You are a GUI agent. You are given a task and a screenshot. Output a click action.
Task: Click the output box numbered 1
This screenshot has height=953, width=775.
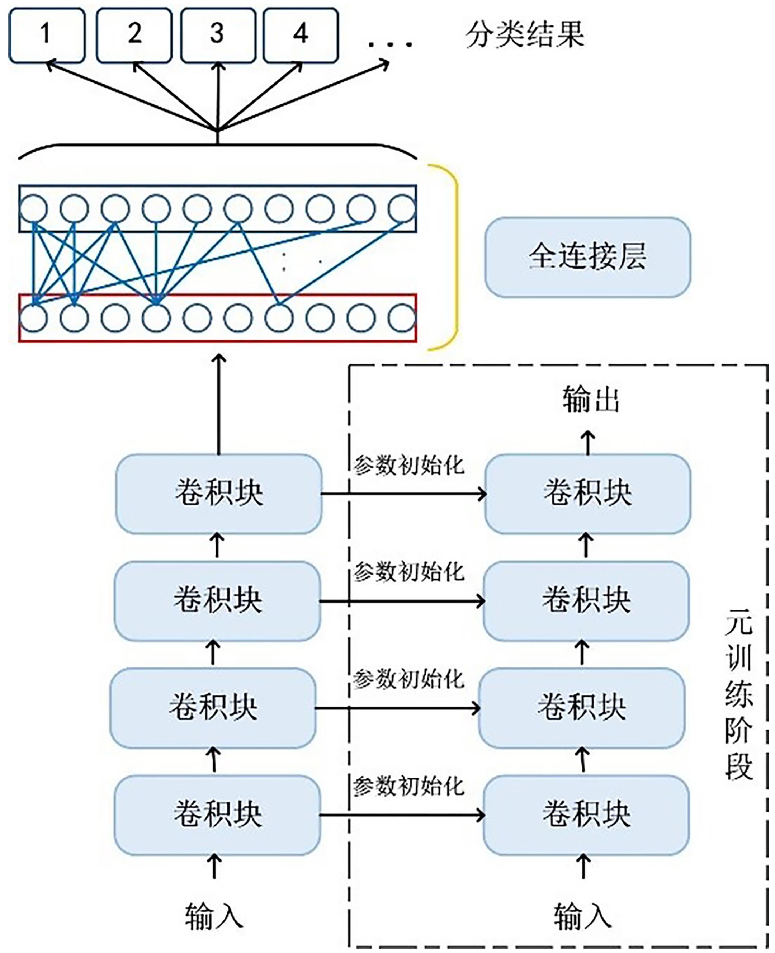coord(46,35)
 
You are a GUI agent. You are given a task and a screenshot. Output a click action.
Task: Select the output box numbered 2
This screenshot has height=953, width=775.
coord(134,35)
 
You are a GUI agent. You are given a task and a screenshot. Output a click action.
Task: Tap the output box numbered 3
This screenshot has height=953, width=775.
coord(218,35)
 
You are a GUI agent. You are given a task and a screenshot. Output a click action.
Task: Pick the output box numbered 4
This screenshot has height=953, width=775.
coord(301,35)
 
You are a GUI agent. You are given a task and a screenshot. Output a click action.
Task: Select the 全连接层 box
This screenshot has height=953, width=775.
coord(587,257)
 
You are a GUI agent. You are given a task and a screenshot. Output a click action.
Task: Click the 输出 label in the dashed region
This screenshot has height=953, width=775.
coord(590,400)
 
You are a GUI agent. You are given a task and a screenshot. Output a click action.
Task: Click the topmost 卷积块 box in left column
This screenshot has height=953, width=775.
coord(218,494)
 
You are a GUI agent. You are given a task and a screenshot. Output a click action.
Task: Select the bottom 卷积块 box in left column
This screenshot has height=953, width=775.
coord(217,815)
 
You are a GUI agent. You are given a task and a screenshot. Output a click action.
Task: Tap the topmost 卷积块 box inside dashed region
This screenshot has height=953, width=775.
coord(587,494)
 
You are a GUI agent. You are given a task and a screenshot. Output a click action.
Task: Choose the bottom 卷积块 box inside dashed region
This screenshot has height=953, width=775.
coord(586,815)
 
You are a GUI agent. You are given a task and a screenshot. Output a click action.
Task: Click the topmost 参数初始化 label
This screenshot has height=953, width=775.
coord(408,466)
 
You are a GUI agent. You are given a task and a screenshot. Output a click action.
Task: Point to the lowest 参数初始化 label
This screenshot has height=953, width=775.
coord(408,787)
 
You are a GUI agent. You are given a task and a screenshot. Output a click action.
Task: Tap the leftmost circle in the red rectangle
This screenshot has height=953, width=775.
coord(33,318)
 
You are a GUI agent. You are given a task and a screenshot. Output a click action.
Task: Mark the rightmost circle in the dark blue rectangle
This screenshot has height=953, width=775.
coord(402,208)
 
